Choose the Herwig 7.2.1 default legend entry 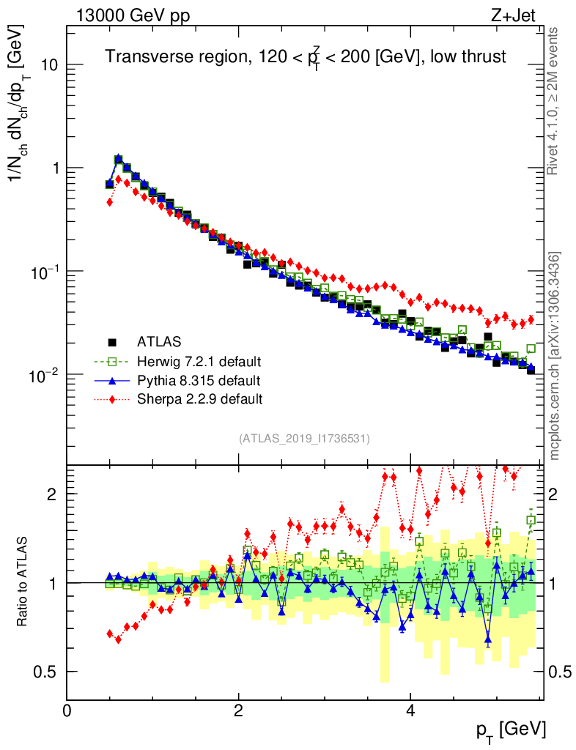199,361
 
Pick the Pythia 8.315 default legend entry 198,380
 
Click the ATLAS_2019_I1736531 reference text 304,439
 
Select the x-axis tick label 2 239,710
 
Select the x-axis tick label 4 410,710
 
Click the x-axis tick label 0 67,710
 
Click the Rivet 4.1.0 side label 554,103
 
